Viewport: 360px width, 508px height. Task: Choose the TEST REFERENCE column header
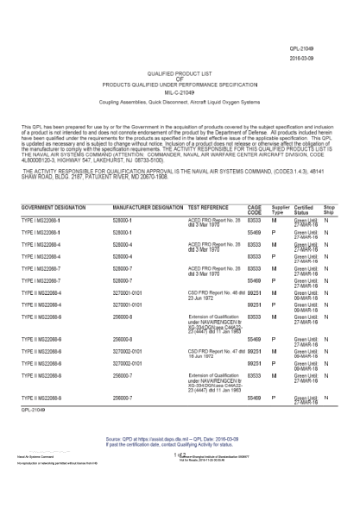[210, 209]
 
